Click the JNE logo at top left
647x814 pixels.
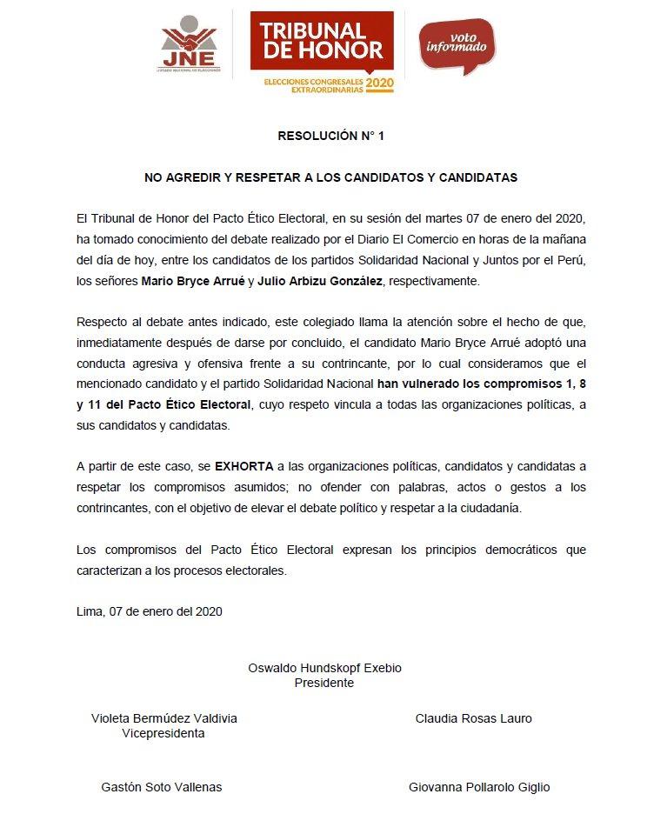tap(190, 43)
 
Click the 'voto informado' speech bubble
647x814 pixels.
tap(457, 43)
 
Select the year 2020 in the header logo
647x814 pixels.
tap(379, 83)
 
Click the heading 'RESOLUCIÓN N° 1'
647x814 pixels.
tap(323, 136)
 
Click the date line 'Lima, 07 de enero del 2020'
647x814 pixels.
tap(150, 611)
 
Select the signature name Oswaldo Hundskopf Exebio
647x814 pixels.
tap(325, 668)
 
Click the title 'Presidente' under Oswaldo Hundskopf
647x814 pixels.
tap(324, 683)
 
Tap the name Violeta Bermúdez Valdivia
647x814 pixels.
tap(164, 718)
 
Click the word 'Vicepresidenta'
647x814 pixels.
tap(163, 733)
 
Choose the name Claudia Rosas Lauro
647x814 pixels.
tap(474, 718)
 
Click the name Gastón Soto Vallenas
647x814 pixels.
tap(162, 787)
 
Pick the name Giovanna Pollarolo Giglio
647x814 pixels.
tap(479, 787)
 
